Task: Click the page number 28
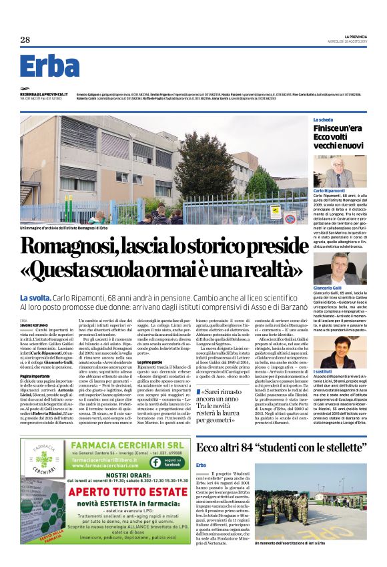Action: [x=25, y=39]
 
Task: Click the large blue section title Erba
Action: [x=50, y=66]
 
